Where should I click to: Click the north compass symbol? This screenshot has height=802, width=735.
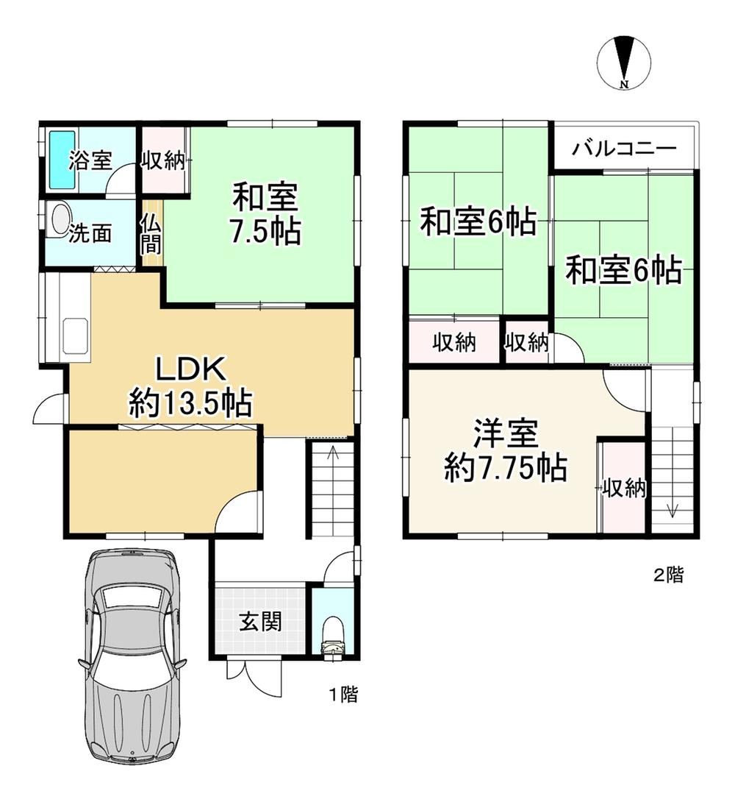(x=624, y=62)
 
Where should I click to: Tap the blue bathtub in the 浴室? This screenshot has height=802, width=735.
(x=62, y=160)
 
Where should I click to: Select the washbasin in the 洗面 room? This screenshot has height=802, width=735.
(x=58, y=220)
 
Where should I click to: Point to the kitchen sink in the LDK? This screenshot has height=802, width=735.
(x=75, y=336)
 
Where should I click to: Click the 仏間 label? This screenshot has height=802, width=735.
(x=151, y=234)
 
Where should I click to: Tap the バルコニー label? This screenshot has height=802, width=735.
(x=624, y=149)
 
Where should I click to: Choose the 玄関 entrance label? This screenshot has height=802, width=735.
(x=260, y=622)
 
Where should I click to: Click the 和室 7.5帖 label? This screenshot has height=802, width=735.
(x=265, y=213)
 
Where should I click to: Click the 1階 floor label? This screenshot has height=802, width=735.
(x=343, y=695)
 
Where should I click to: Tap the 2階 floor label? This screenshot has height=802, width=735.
(x=669, y=575)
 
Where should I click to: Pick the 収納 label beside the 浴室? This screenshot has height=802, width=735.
(x=163, y=161)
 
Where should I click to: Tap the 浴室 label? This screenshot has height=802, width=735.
(x=90, y=160)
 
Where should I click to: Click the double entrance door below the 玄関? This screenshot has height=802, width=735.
(x=254, y=678)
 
